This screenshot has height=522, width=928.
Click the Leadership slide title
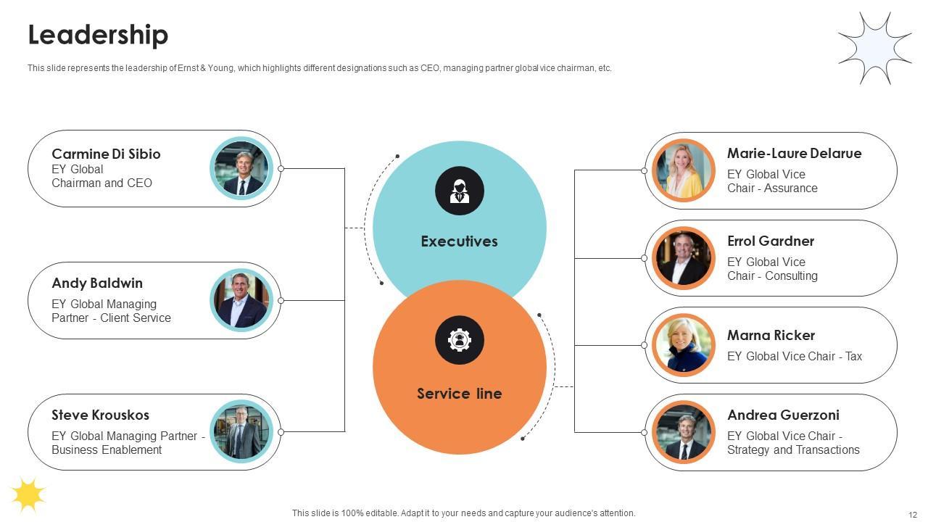point(98,35)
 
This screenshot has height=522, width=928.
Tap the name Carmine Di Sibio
point(106,154)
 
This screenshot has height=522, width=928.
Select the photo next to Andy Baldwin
point(241,300)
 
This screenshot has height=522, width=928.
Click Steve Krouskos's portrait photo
point(241,431)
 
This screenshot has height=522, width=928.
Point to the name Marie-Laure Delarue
point(794,153)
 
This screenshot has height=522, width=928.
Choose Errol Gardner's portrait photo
point(684,258)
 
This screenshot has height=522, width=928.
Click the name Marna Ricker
point(771,335)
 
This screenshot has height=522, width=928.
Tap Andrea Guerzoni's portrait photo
point(684,433)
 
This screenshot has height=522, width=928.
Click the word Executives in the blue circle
point(459,241)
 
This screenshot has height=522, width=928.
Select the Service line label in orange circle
point(459,394)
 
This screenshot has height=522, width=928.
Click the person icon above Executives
point(460,191)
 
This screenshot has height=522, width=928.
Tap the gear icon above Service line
point(460,340)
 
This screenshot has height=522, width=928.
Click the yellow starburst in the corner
point(28,494)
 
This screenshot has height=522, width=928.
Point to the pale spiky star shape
point(874,49)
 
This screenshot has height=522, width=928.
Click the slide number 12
point(913,515)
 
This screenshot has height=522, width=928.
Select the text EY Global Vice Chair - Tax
point(795,356)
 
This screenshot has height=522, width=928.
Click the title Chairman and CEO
point(101,183)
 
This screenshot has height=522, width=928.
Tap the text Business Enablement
point(107,449)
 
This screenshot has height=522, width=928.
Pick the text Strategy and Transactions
point(793,449)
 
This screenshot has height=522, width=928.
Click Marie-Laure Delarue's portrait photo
point(684,170)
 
